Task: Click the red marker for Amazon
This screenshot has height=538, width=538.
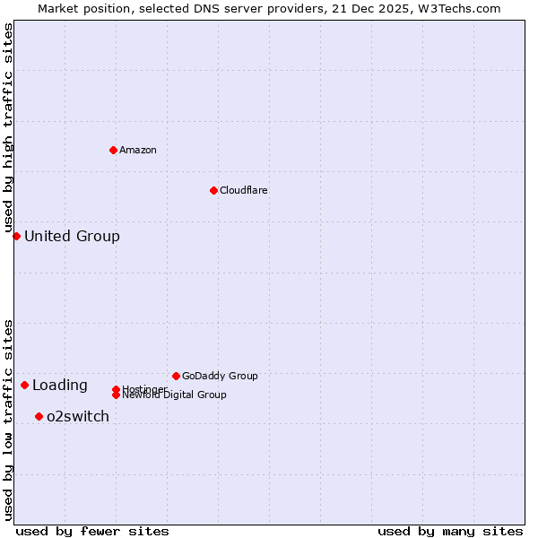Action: (x=113, y=150)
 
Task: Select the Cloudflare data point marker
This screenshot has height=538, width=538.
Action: (x=213, y=190)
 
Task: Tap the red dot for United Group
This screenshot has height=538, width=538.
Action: (x=16, y=236)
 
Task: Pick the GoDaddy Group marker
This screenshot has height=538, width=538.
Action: (x=176, y=376)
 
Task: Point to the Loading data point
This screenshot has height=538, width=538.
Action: (x=24, y=385)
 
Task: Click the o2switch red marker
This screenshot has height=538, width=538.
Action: (x=39, y=416)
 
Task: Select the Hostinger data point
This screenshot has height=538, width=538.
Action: (x=116, y=389)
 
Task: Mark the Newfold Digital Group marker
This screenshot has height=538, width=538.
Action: (x=116, y=395)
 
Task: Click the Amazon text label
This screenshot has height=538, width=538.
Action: (x=138, y=150)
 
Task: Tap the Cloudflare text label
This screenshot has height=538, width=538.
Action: (x=244, y=190)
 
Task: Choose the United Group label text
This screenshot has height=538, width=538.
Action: (x=72, y=237)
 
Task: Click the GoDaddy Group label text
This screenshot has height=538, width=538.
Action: (x=220, y=376)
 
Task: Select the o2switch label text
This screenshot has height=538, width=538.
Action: (x=78, y=417)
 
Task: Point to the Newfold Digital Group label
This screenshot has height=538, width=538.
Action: (x=174, y=395)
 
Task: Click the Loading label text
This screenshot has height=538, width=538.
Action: (x=60, y=386)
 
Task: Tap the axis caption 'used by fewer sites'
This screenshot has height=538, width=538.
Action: (x=92, y=531)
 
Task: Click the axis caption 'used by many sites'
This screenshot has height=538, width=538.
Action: (x=450, y=531)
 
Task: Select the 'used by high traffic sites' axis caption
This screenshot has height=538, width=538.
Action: (x=9, y=127)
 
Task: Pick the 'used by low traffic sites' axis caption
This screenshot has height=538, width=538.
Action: (x=9, y=420)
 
